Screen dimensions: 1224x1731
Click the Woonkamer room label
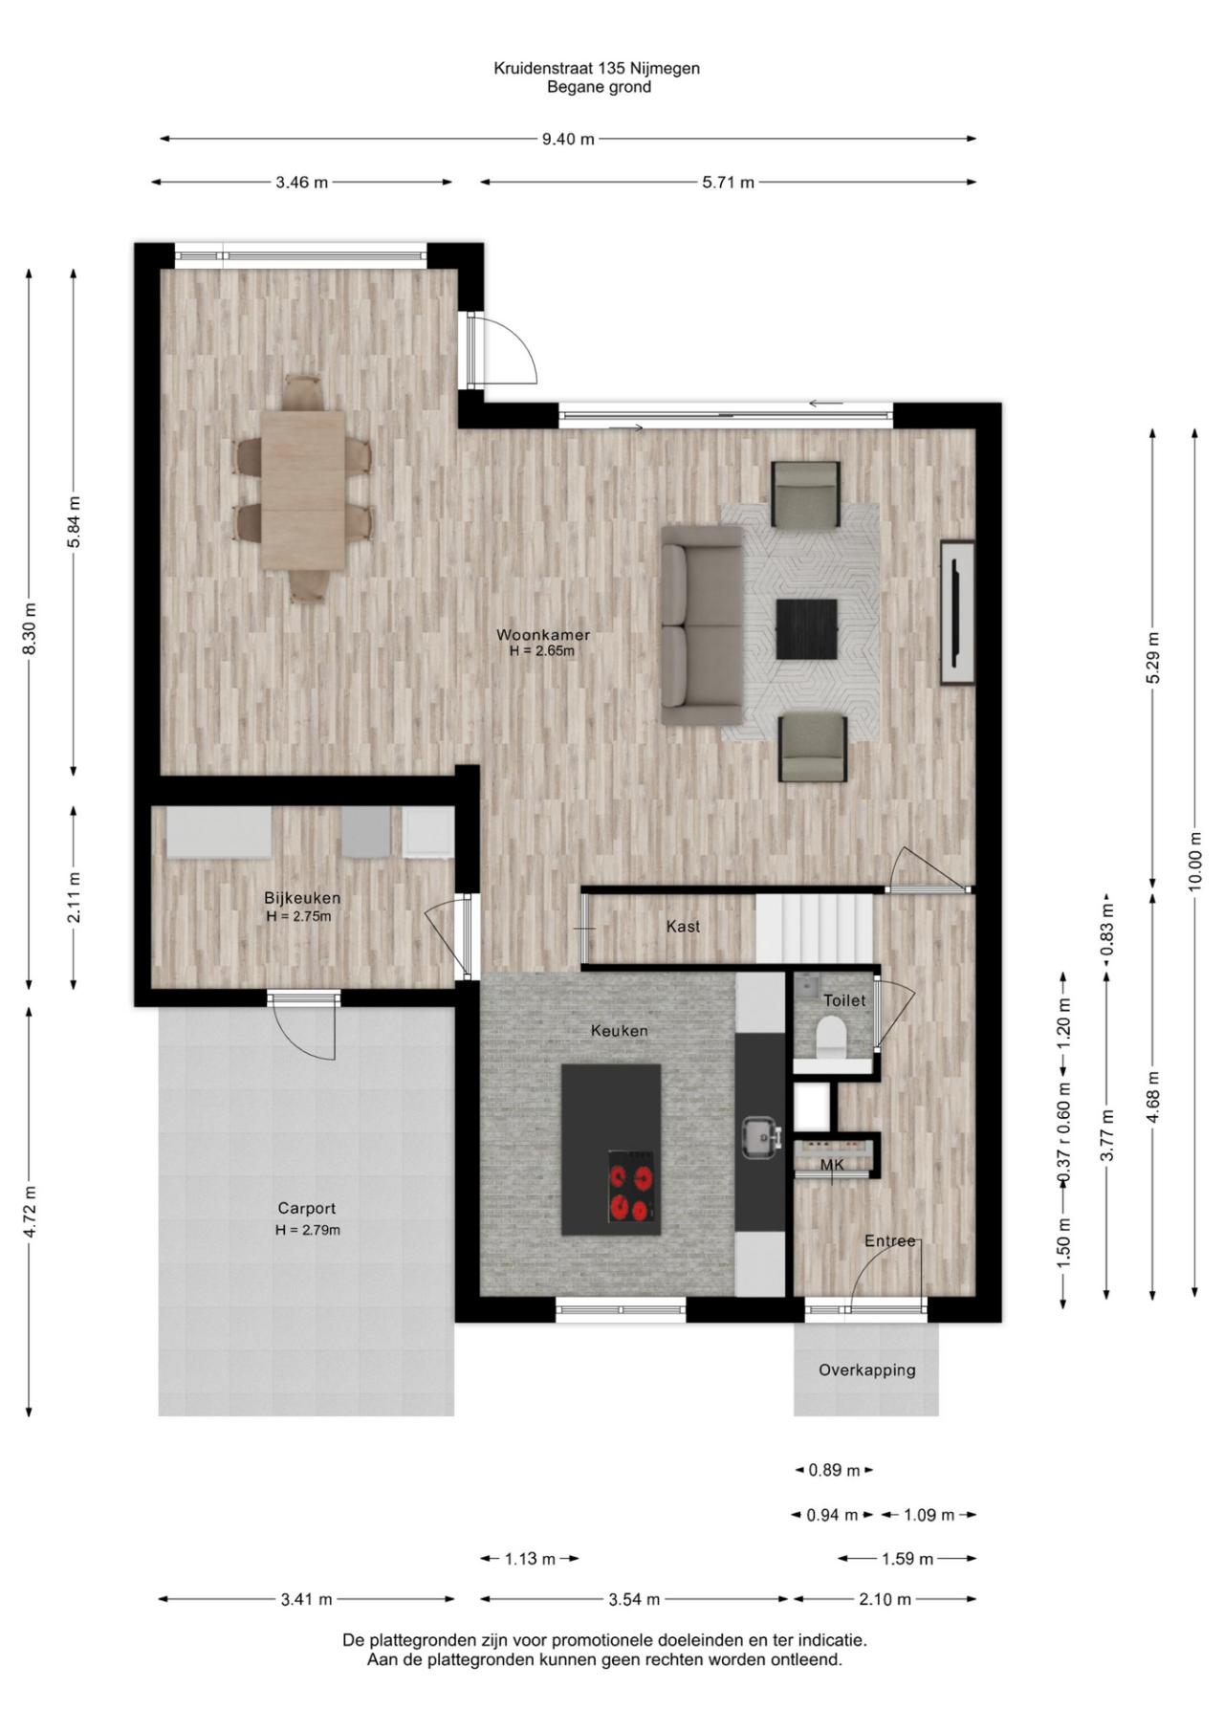(542, 635)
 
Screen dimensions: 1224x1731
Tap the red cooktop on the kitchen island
(633, 1194)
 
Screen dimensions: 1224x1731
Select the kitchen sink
(762, 1136)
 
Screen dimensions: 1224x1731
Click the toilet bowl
(831, 1038)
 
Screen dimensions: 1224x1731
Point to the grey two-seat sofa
(702, 624)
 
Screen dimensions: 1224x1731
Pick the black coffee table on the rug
(806, 629)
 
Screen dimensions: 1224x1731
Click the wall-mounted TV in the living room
(957, 612)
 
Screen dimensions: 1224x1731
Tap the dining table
(303, 490)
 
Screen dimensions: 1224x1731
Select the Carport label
(307, 1209)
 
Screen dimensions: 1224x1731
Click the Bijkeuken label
(302, 898)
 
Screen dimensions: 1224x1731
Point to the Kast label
(683, 926)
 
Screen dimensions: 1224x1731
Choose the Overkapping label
(866, 1370)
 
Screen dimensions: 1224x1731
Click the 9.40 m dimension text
(568, 139)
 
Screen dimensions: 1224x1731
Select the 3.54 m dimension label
(634, 1599)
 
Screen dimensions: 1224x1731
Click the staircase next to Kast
(815, 928)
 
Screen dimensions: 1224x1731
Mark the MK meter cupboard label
(832, 1165)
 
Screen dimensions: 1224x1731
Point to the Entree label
(890, 1241)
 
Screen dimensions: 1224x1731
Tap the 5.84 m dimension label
(75, 521)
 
